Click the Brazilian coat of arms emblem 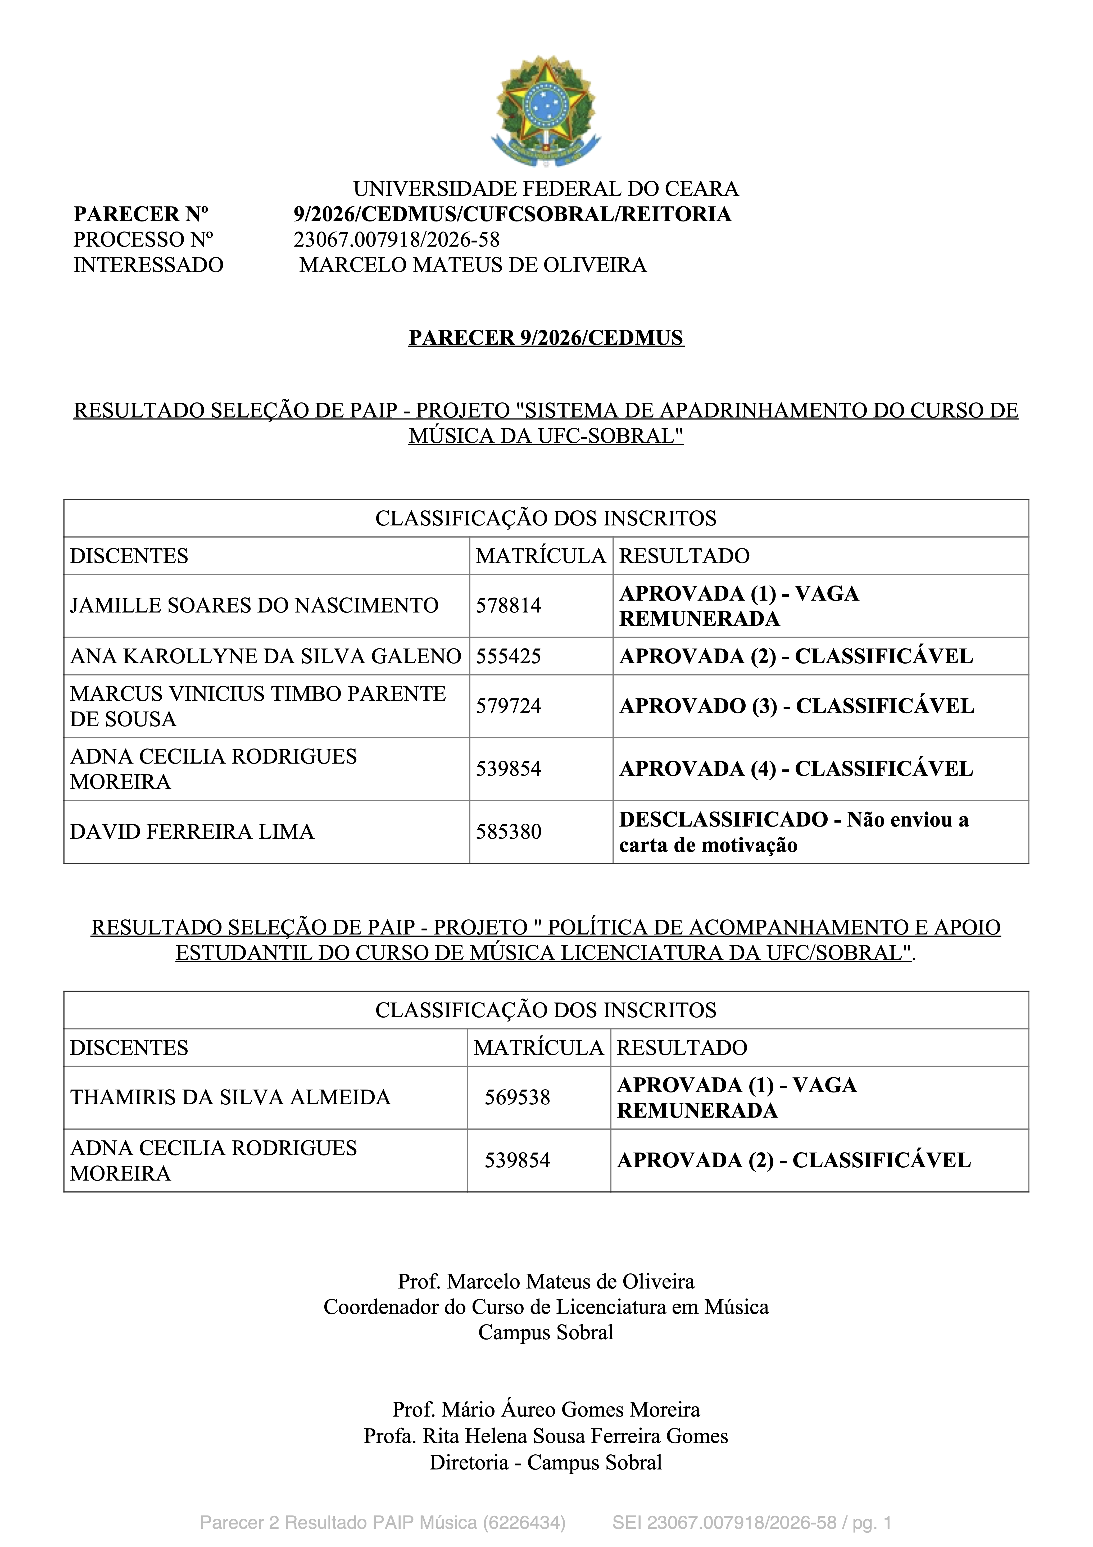[546, 111]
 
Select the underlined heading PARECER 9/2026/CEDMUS [546, 338]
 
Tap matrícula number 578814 [509, 606]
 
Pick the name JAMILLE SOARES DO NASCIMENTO [254, 606]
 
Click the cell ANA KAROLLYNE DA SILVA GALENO [265, 656]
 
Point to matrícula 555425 [509, 656]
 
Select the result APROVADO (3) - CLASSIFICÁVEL [796, 706]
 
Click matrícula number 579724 [509, 706]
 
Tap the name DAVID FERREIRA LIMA [192, 832]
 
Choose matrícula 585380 [509, 832]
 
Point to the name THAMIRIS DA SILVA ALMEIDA [230, 1097]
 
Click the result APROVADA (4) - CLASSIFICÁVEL [796, 769]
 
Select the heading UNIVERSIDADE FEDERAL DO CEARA [546, 189]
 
